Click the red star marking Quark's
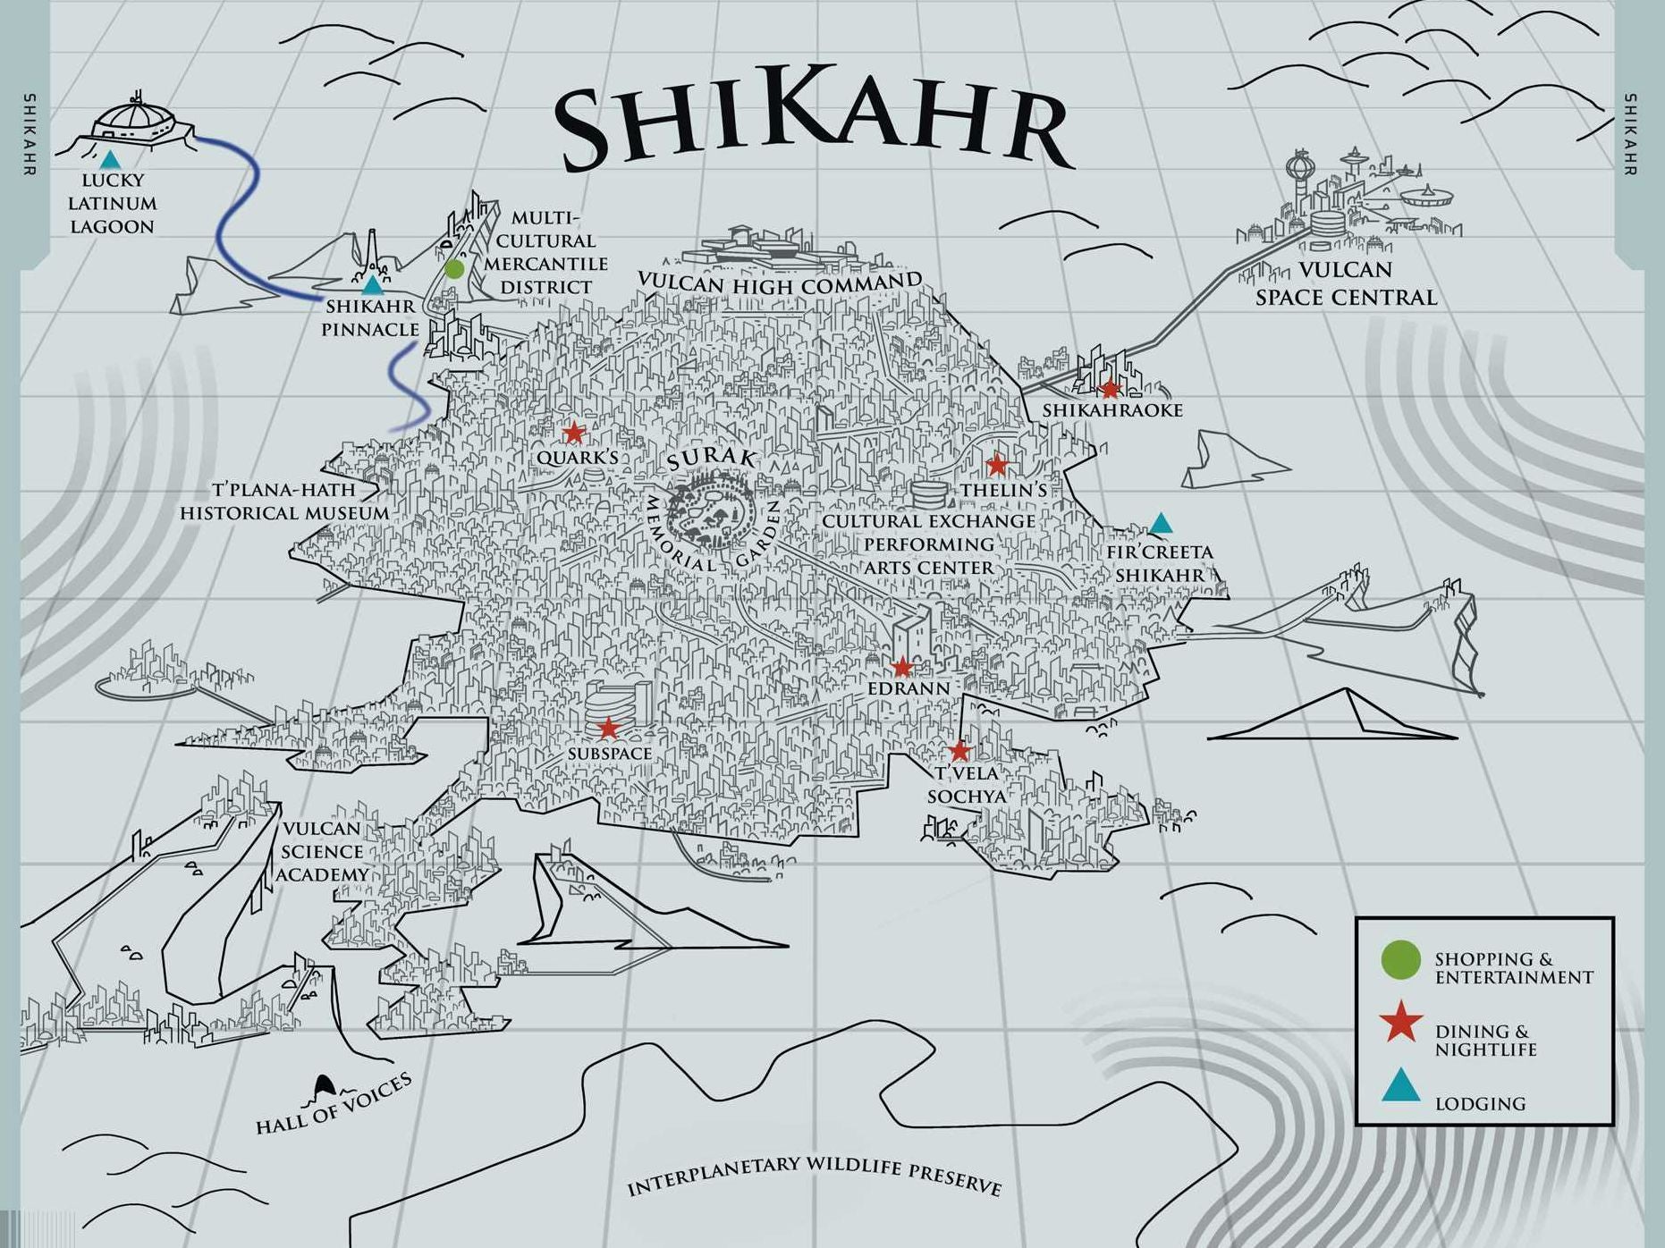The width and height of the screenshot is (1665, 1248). click(573, 433)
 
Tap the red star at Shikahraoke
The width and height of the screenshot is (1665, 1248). click(1110, 389)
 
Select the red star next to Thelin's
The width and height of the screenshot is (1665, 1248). click(997, 465)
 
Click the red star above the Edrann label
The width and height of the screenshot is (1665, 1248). click(902, 667)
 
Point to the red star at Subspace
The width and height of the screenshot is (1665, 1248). click(608, 729)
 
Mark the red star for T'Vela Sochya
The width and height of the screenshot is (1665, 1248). click(959, 750)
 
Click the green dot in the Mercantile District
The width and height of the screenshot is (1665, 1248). click(454, 268)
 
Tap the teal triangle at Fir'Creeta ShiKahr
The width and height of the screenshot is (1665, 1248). click(1160, 524)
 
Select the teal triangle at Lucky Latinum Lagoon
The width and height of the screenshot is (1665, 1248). click(110, 161)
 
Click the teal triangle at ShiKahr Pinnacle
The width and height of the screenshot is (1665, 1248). click(372, 286)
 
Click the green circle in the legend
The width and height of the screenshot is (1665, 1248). click(1400, 960)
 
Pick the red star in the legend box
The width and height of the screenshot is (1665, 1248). click(1400, 1024)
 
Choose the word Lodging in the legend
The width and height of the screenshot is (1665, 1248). click(1480, 1104)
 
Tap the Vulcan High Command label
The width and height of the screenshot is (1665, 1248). click(779, 284)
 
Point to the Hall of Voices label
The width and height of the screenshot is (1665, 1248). click(334, 1105)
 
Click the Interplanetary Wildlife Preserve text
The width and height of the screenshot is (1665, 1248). click(813, 1175)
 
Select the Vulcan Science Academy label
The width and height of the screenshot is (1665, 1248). click(321, 851)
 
